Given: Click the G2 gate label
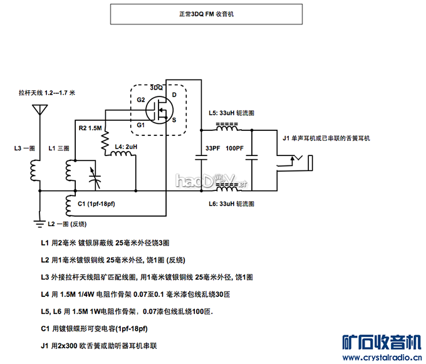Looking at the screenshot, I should (x=141, y=100).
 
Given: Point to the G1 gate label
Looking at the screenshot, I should (x=141, y=125).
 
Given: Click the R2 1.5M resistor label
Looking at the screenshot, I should (x=90, y=128).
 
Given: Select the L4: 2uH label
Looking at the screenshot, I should (x=127, y=147).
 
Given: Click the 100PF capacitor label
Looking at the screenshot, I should (x=235, y=148).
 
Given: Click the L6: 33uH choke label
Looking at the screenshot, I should (x=232, y=204).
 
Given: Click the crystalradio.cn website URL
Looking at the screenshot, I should (x=382, y=358).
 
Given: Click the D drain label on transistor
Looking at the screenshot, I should (x=174, y=95).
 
